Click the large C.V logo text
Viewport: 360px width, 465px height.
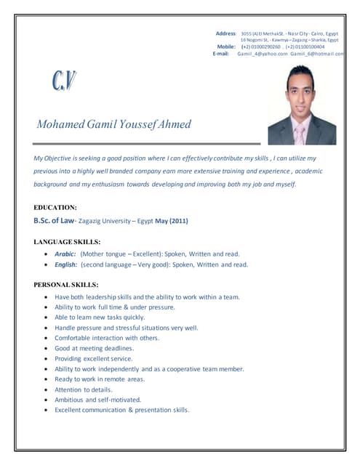pyautogui.click(x=64, y=81)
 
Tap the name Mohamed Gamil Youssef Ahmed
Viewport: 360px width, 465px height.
pyautogui.click(x=114, y=124)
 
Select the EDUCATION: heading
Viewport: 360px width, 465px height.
pyautogui.click(x=55, y=207)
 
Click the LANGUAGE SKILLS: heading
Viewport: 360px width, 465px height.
pyautogui.click(x=68, y=241)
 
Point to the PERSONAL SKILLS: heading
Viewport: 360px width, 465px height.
pyautogui.click(x=66, y=284)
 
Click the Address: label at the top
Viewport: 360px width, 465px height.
pyautogui.click(x=226, y=33)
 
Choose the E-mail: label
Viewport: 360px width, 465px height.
pyautogui.click(x=221, y=54)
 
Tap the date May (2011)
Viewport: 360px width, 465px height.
pyautogui.click(x=171, y=221)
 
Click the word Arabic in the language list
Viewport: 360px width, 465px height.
pyautogui.click(x=65, y=254)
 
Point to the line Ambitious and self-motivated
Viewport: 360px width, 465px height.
pyautogui.click(x=97, y=400)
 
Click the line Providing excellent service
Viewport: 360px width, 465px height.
pyautogui.click(x=94, y=358)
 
